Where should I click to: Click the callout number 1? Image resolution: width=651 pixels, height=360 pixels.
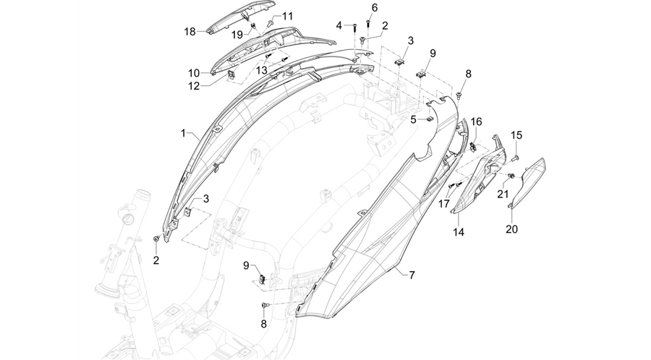click(x=183, y=133)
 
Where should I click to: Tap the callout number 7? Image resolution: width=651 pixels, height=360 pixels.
click(x=412, y=275)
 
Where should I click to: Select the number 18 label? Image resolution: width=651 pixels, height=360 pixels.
click(x=190, y=32)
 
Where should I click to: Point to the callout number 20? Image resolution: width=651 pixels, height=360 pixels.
click(x=511, y=228)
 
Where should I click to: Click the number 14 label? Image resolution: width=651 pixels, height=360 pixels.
click(x=459, y=232)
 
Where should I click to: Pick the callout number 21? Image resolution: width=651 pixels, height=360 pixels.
click(x=503, y=194)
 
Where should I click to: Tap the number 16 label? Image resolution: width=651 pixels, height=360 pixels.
click(x=476, y=121)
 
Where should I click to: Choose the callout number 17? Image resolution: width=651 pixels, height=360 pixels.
click(x=444, y=203)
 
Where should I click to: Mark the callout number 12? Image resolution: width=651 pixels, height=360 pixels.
click(x=194, y=86)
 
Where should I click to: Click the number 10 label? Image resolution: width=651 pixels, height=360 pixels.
click(x=194, y=74)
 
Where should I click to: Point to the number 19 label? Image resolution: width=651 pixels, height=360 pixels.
click(x=237, y=35)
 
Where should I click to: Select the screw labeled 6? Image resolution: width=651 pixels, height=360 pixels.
click(x=368, y=22)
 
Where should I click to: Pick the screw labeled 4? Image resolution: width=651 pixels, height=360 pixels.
click(x=355, y=27)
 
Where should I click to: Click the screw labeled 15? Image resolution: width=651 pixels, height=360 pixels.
click(x=516, y=157)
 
